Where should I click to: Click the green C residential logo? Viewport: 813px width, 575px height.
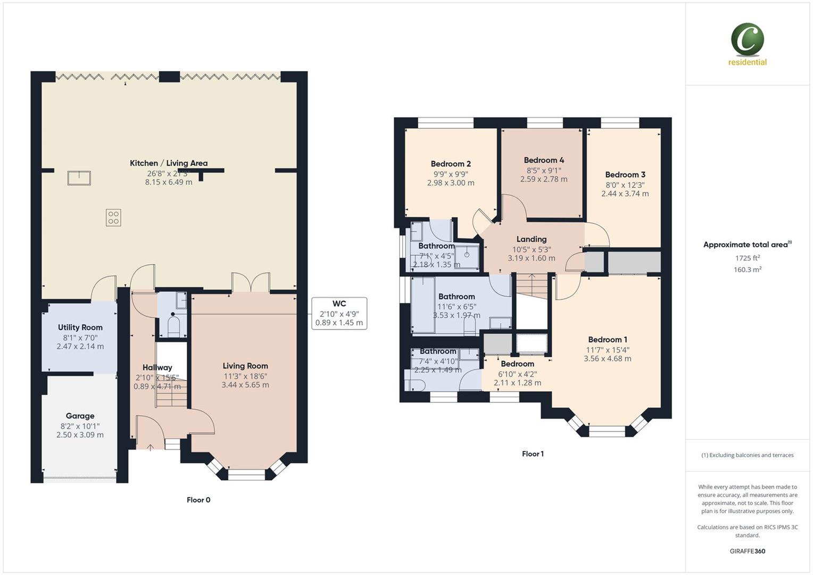(747, 40)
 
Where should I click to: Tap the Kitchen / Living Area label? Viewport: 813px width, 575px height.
(169, 163)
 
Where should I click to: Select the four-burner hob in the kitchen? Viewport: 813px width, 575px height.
(113, 218)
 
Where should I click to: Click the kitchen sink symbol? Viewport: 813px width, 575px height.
(79, 178)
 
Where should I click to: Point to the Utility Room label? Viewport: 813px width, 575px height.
(80, 327)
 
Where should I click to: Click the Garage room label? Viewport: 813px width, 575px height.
(80, 416)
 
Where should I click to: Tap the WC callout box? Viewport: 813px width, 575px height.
(339, 313)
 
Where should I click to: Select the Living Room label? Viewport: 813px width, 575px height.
(245, 366)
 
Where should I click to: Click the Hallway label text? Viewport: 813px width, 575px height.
(157, 367)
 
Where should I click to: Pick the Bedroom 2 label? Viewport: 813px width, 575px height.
(451, 164)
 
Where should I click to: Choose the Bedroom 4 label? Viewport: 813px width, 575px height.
(544, 160)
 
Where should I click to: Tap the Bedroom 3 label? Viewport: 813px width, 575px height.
(625, 175)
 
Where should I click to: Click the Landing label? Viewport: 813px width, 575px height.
(532, 239)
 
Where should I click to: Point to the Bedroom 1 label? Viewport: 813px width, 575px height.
(608, 340)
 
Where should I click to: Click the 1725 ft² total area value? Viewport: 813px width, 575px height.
(747, 258)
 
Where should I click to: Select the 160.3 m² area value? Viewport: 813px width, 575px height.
(747, 270)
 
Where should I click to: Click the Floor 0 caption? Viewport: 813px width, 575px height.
(198, 500)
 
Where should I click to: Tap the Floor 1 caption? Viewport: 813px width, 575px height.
(533, 454)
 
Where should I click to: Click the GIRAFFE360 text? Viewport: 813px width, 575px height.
(747, 551)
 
